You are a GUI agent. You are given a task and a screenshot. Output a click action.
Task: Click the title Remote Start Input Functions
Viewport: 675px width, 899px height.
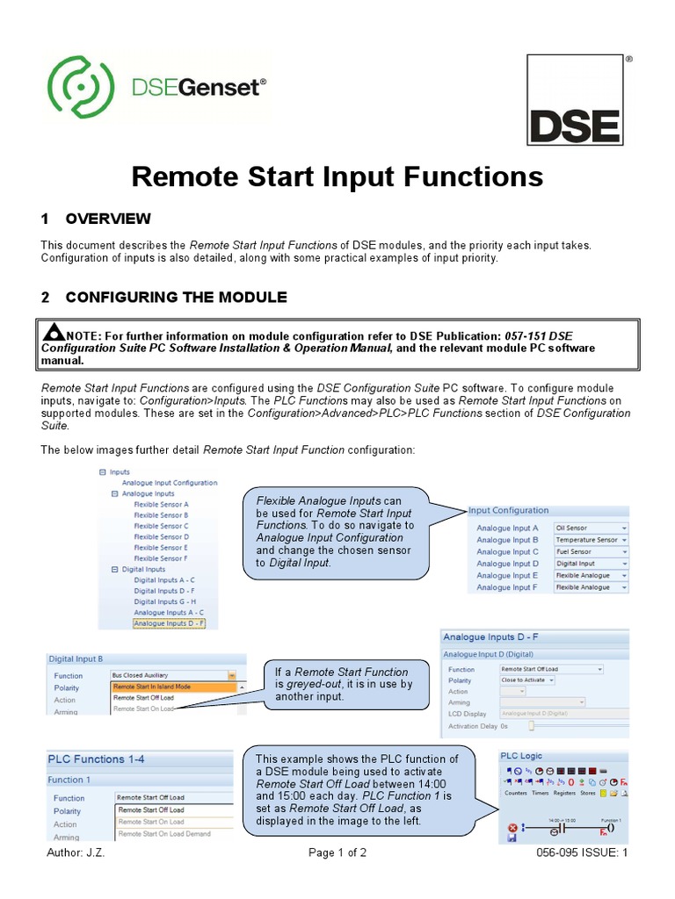337,177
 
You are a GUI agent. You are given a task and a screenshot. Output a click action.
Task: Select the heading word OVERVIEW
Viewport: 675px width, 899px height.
108,219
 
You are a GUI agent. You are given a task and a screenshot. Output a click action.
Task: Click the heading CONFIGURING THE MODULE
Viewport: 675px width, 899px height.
176,297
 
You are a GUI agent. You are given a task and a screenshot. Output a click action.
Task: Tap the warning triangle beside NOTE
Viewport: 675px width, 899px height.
54,332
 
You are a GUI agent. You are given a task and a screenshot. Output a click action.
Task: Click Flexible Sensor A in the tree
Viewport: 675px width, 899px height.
161,505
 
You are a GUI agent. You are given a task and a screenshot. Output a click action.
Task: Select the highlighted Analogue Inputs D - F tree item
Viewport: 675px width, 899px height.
169,623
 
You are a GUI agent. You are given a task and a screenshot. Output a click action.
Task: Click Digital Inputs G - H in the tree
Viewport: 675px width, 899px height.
164,601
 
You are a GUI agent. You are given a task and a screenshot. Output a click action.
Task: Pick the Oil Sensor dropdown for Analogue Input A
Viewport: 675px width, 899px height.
591,529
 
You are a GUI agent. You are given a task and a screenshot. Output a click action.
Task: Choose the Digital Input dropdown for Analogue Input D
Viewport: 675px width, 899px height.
591,564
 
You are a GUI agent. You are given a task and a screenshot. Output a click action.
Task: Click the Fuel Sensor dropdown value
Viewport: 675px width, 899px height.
591,552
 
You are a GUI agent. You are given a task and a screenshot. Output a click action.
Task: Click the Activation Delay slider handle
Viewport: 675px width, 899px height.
531,727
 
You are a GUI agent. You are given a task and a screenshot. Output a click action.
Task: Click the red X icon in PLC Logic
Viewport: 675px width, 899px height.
512,827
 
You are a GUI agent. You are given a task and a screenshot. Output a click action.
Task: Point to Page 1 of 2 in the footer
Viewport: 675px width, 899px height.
337,852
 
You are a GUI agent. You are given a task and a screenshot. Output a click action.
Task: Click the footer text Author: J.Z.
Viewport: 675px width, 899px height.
73,852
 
